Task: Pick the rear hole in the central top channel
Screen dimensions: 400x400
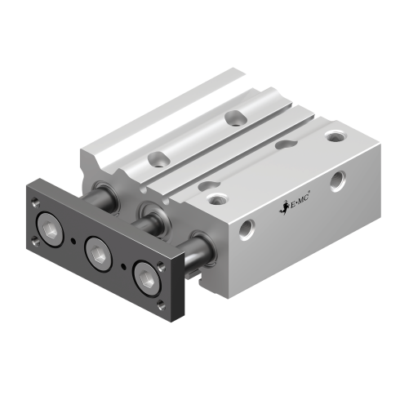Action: tap(236, 117)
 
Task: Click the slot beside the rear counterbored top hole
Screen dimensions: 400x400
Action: tap(286, 144)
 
